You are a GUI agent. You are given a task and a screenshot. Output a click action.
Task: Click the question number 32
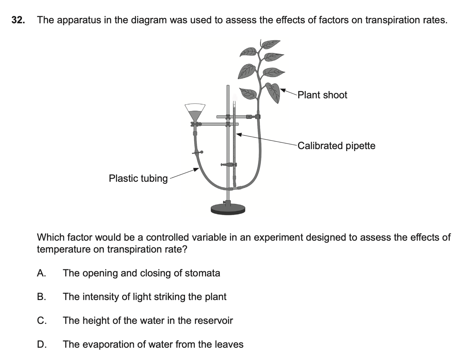17,20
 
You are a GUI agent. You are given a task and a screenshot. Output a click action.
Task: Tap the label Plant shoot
322,95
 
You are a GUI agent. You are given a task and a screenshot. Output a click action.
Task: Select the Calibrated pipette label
336,146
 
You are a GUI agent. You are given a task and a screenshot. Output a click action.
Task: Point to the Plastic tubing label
138,178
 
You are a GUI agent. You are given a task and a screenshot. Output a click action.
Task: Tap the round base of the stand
228,209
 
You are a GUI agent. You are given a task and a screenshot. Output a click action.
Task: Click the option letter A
41,273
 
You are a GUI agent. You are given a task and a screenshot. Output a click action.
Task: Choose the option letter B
41,297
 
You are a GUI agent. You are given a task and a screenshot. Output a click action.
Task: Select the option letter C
41,320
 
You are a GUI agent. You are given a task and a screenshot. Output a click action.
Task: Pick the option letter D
41,344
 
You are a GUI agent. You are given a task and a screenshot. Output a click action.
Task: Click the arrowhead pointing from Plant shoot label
282,90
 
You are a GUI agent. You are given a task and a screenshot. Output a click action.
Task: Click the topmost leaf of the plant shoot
271,43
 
